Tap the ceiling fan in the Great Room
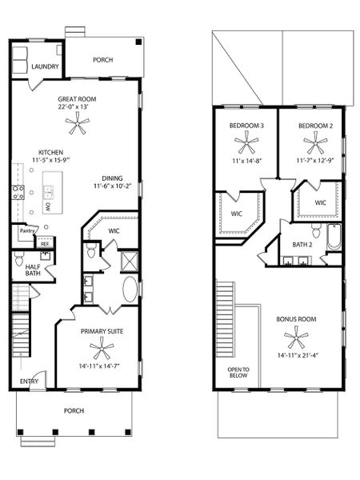(78, 122)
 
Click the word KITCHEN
(52, 152)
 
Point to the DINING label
(113, 178)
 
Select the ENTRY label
(29, 382)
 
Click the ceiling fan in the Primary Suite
(102, 348)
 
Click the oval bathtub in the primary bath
(130, 289)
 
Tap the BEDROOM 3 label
(246, 126)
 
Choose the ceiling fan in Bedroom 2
(316, 145)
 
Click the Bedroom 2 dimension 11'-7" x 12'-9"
(316, 161)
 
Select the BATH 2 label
(302, 244)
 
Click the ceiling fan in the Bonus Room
(295, 337)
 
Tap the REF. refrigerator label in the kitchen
(45, 243)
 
